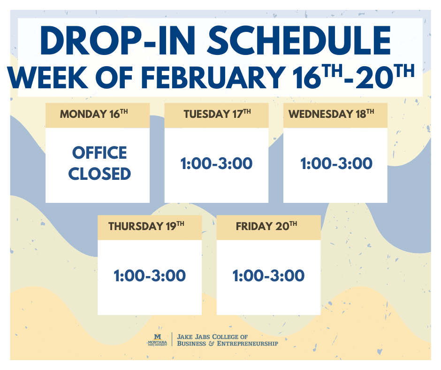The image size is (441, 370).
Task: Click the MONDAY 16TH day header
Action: click(x=97, y=115)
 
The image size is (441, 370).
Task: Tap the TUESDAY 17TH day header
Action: click(x=217, y=115)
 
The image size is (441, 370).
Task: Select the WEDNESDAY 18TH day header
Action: click(x=335, y=115)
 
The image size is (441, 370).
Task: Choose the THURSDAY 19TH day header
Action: click(x=149, y=227)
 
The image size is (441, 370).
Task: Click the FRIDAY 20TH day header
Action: click(x=268, y=227)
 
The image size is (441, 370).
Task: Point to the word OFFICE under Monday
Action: click(x=99, y=153)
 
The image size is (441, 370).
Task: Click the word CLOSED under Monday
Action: click(x=99, y=174)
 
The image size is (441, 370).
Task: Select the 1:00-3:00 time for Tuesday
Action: click(x=217, y=164)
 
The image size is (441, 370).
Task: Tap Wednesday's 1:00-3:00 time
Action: click(x=336, y=164)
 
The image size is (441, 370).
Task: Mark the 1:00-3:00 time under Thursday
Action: click(x=150, y=276)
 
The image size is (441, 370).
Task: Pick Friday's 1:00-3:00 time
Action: click(x=268, y=276)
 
